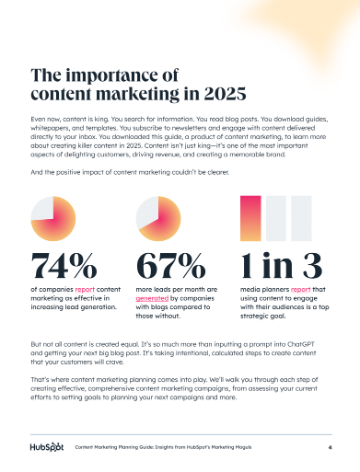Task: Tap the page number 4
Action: (329, 448)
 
